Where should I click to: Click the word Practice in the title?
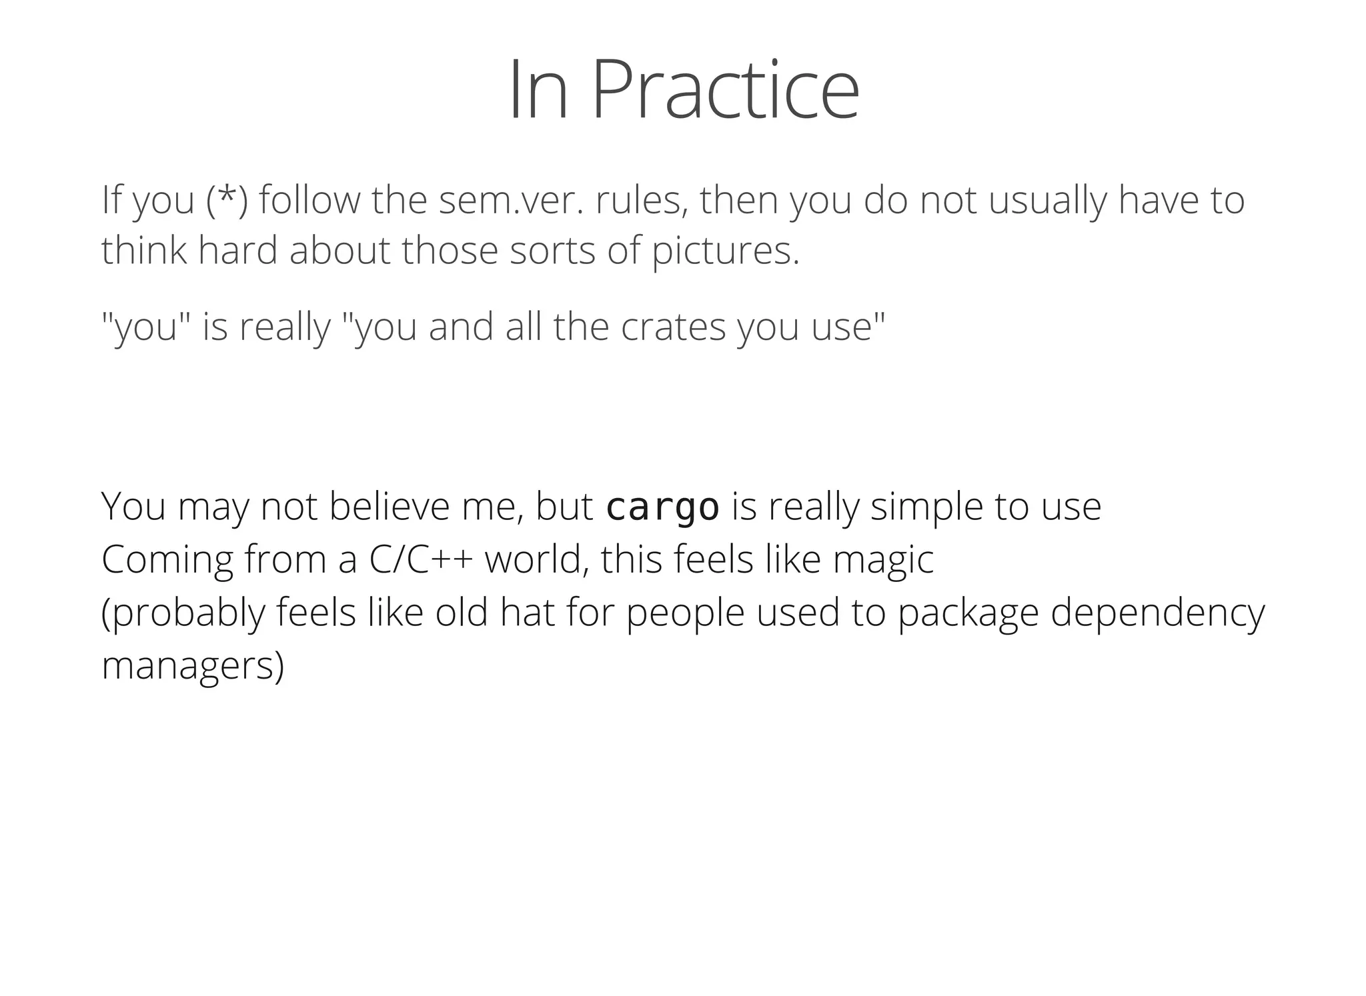click(x=725, y=90)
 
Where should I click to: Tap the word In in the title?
click(x=539, y=90)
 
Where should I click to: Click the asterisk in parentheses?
click(x=227, y=198)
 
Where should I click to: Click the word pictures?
click(x=725, y=251)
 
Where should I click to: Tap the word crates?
click(x=673, y=327)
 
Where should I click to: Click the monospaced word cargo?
click(x=662, y=507)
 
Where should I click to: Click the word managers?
click(x=193, y=665)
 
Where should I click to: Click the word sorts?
click(x=552, y=251)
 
